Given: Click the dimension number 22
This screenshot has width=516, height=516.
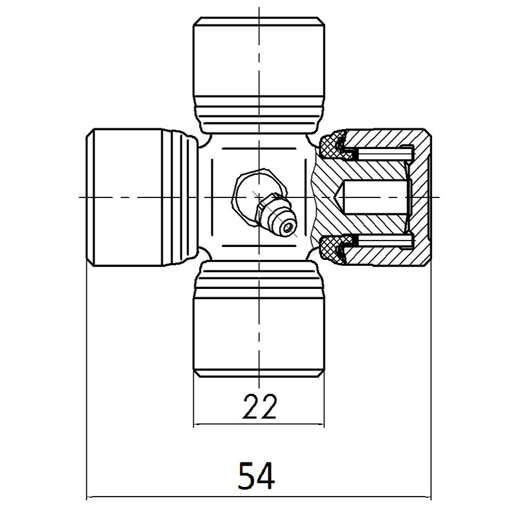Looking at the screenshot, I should (260, 406).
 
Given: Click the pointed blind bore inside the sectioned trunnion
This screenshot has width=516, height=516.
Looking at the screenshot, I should (374, 196).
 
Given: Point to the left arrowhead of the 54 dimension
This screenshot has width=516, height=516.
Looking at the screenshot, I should (90, 497).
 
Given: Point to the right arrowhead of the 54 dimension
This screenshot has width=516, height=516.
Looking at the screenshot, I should (427, 497).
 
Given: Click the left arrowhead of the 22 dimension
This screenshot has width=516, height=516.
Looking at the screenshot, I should (197, 424).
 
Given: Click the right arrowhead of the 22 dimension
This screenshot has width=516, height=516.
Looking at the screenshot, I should (321, 424).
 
